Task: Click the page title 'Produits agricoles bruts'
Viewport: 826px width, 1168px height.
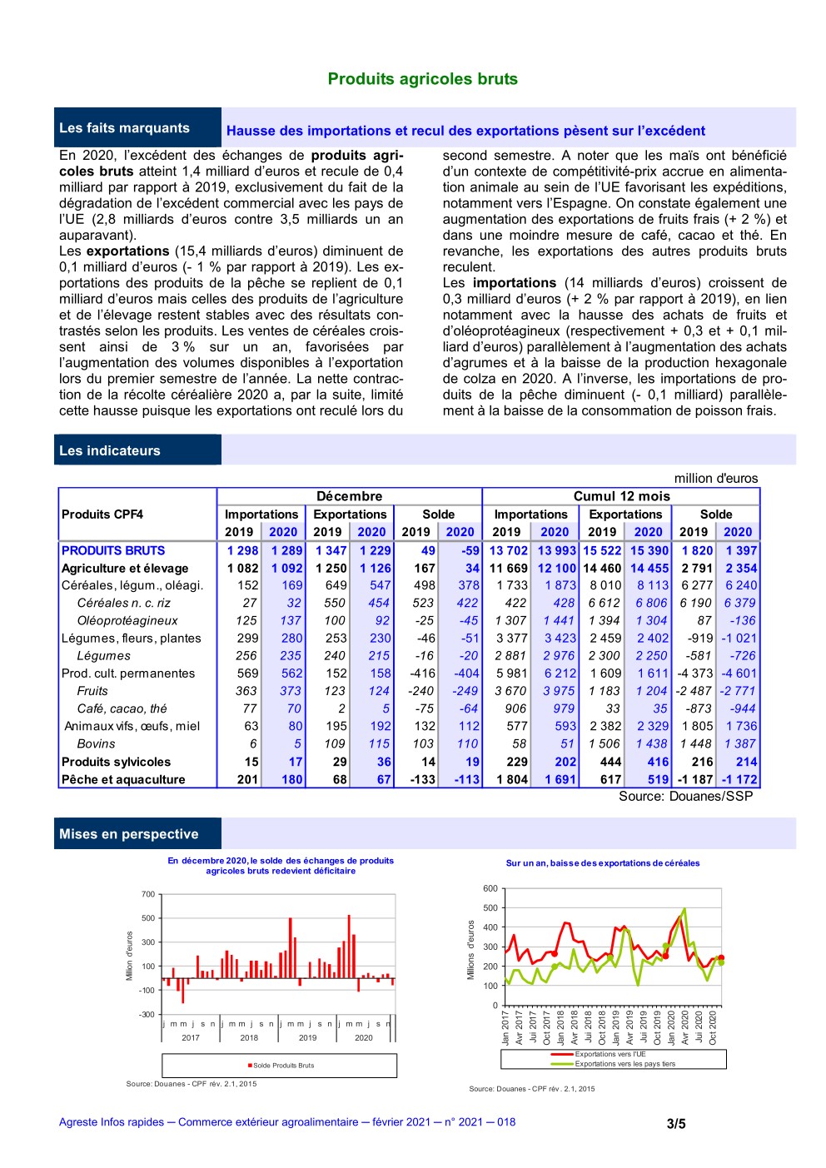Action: (x=422, y=79)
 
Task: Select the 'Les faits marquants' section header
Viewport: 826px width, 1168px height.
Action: (x=124, y=128)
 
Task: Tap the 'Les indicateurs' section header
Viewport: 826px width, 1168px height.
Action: (x=109, y=450)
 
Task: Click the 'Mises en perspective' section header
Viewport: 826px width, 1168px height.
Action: (x=128, y=834)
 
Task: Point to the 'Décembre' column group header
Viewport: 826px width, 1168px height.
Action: (x=349, y=496)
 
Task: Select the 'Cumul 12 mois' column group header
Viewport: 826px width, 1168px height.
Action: (x=621, y=496)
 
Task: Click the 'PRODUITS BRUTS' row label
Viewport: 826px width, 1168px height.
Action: (x=113, y=550)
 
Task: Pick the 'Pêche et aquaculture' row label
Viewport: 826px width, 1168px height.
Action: (x=123, y=779)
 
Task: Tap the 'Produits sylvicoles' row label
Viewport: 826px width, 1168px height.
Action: (x=116, y=762)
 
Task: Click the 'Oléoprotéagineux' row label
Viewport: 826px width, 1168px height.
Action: (x=127, y=620)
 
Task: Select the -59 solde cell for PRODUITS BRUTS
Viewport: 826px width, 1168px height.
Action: (x=470, y=550)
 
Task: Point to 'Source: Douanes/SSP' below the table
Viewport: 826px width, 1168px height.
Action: (x=685, y=797)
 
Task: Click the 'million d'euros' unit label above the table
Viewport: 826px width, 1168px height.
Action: (x=716, y=479)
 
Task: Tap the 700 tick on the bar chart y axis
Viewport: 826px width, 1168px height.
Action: (x=148, y=894)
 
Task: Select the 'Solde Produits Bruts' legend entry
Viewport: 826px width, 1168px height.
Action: (x=283, y=1066)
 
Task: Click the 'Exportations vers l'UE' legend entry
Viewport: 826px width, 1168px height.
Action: (x=610, y=1054)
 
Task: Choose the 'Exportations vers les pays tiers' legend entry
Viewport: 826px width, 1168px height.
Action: (x=624, y=1064)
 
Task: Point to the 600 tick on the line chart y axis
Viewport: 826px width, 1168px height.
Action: (x=490, y=888)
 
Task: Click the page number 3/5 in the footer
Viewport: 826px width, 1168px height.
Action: (x=676, y=1123)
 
